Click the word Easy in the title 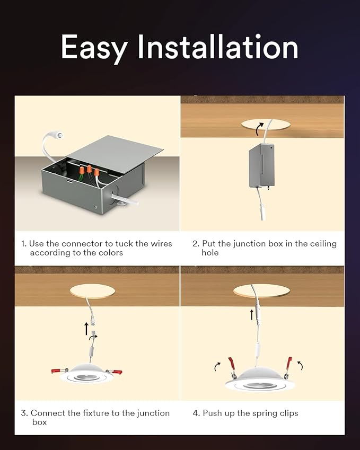click(x=94, y=48)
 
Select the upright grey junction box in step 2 click(x=262, y=166)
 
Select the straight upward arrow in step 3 click(x=86, y=329)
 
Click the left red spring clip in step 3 click(x=59, y=370)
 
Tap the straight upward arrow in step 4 click(x=252, y=315)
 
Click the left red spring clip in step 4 click(x=231, y=364)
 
